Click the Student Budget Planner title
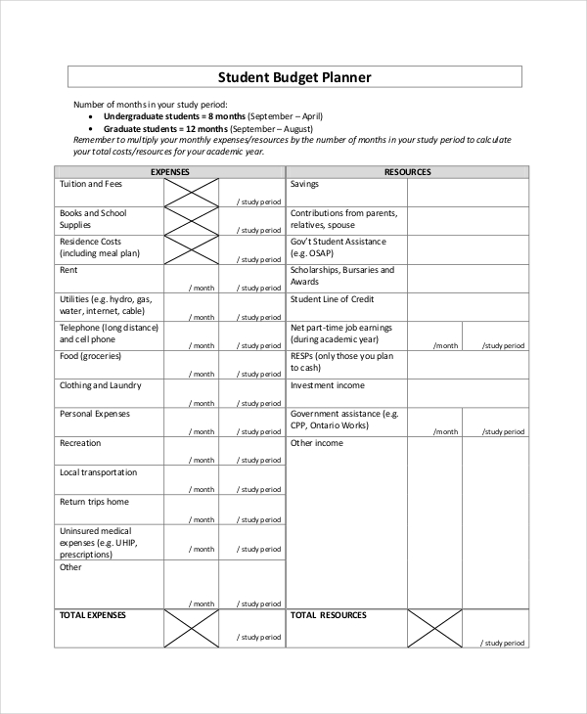(293, 76)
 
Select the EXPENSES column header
(169, 172)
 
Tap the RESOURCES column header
(407, 172)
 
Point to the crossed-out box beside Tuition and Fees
(191, 193)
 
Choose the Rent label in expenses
(68, 270)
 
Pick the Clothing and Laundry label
(94, 385)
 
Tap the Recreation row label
(80, 443)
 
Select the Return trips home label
(94, 502)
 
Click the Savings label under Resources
(304, 184)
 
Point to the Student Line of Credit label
(333, 299)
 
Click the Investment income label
(327, 385)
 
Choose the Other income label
(317, 443)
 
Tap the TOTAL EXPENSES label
(93, 615)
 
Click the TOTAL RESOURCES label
(329, 615)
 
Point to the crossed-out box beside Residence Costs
(191, 250)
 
